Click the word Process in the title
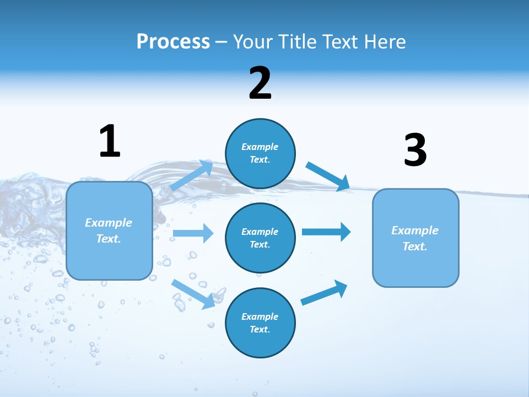(173, 42)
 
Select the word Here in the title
(385, 42)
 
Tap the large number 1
(110, 142)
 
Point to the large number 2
(260, 83)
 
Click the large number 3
(415, 151)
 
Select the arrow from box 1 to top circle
(191, 176)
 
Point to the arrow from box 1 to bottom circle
(193, 294)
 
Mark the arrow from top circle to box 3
(328, 176)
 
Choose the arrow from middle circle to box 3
(326, 232)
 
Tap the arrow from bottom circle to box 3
(324, 292)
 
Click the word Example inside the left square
(109, 223)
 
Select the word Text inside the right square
(415, 246)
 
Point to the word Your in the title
(251, 42)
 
